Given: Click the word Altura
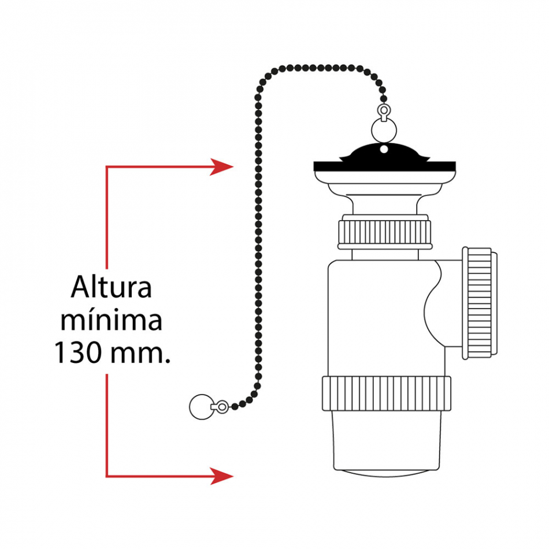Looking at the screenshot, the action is click(x=112, y=287).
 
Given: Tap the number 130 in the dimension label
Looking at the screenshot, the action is click(x=78, y=353).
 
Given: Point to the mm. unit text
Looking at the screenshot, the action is click(x=140, y=355).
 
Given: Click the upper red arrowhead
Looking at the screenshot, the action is click(x=221, y=166).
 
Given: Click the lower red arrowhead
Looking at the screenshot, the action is click(x=221, y=476).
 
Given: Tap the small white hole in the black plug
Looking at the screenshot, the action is click(x=384, y=150).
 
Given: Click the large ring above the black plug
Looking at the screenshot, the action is click(x=384, y=131).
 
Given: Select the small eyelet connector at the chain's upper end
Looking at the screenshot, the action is click(x=384, y=112).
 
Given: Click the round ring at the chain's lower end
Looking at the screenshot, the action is click(x=201, y=406).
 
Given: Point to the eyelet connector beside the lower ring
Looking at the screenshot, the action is click(x=220, y=406).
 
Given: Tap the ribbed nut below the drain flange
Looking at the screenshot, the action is click(x=384, y=232).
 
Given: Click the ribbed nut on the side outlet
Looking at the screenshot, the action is click(x=479, y=303).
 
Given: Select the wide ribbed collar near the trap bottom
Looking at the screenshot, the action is click(x=386, y=393).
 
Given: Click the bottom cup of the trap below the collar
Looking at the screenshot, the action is click(x=386, y=443).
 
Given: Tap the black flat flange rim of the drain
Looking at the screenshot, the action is click(x=384, y=166).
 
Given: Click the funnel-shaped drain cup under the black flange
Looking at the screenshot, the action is click(x=385, y=192).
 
